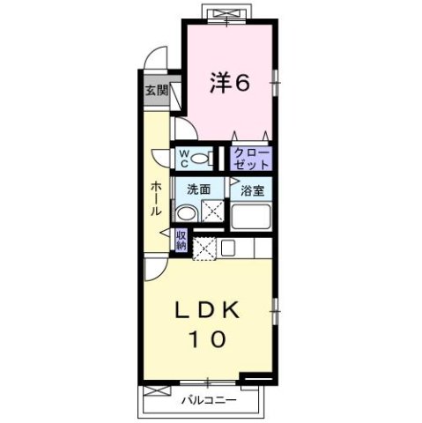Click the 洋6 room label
tap(230, 83)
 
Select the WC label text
tap(185, 158)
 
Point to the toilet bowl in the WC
tap(201, 160)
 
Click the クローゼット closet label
tap(251, 159)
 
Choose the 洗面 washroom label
tap(198, 189)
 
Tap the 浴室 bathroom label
tap(251, 189)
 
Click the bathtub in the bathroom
tap(252, 216)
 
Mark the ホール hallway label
tap(156, 198)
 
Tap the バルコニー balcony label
tap(203, 399)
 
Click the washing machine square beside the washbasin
tap(212, 211)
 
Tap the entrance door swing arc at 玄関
tap(155, 56)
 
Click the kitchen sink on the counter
tap(227, 248)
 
